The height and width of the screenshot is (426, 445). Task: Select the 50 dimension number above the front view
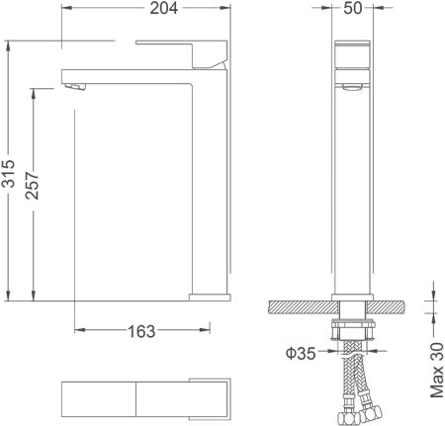pyautogui.click(x=352, y=12)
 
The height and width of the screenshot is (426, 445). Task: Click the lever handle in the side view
pyautogui.click(x=178, y=53)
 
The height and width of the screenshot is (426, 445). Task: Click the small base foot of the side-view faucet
pyautogui.click(x=210, y=294)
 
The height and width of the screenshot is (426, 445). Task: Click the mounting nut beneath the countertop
pyautogui.click(x=353, y=331)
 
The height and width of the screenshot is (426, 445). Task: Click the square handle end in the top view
pyautogui.click(x=209, y=399)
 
